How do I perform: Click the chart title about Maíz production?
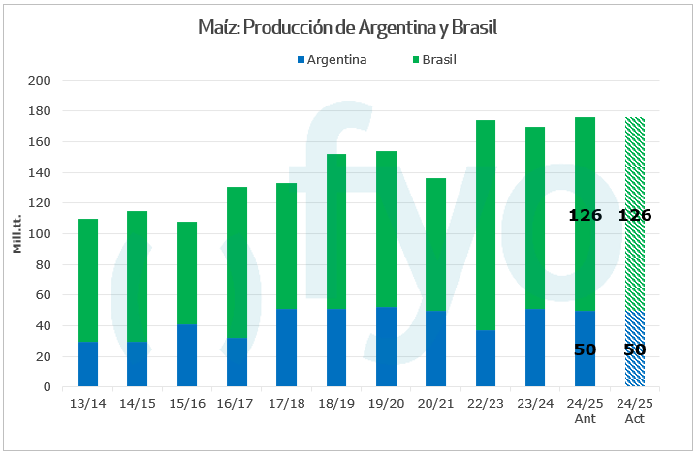click(x=348, y=27)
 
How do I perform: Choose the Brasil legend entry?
click(x=439, y=60)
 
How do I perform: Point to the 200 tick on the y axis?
click(x=40, y=81)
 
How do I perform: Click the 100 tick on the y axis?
click(x=40, y=234)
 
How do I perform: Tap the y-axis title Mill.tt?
click(x=16, y=234)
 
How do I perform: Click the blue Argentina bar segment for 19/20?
click(x=386, y=347)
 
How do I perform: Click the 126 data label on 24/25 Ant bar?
click(x=585, y=215)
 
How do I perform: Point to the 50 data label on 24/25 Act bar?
click(x=635, y=349)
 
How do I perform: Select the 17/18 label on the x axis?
click(x=287, y=401)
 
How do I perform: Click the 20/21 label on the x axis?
click(x=436, y=401)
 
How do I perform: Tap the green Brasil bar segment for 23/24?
click(x=535, y=218)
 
